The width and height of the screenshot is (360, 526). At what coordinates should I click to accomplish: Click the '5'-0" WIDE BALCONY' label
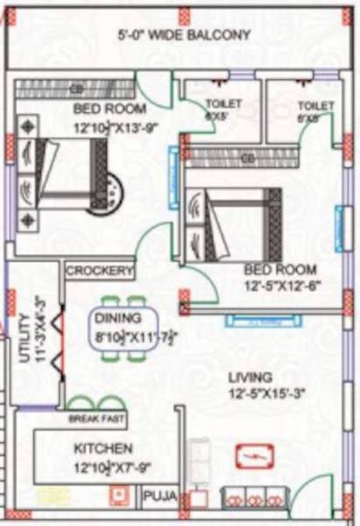(184, 35)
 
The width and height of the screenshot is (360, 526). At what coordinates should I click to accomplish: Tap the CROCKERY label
(100, 270)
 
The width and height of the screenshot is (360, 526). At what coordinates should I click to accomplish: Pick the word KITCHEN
(103, 448)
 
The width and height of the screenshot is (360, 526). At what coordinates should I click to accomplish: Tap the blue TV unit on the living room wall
(254, 319)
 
